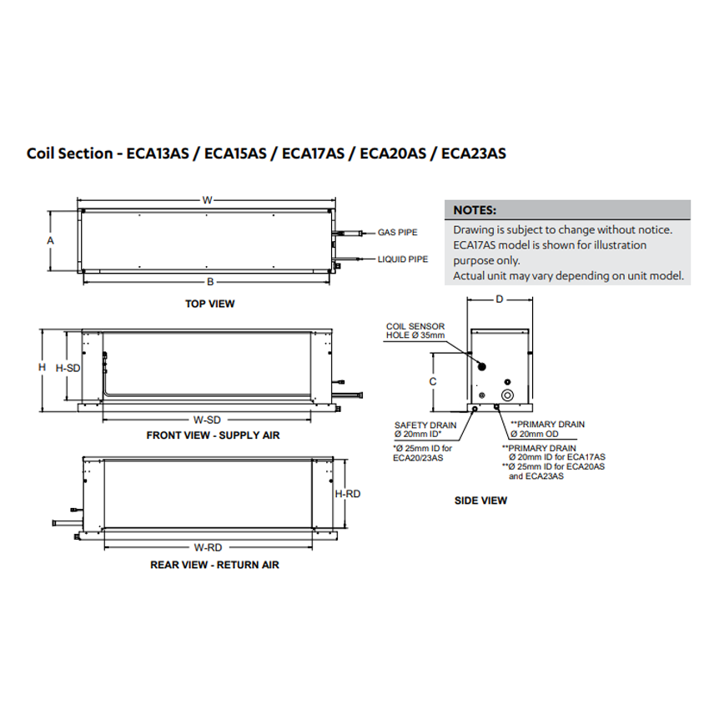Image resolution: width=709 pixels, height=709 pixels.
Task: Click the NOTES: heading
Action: [475, 210]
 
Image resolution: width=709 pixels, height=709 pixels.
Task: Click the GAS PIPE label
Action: [397, 233]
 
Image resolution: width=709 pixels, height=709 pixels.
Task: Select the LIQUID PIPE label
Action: [403, 259]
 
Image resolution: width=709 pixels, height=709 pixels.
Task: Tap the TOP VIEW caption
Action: [209, 304]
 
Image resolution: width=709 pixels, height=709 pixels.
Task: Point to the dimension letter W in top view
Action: [206, 200]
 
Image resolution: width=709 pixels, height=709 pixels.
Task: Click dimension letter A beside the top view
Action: [50, 240]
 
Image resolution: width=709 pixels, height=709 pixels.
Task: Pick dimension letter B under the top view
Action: [210, 280]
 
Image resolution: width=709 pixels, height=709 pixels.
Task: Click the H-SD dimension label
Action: [68, 367]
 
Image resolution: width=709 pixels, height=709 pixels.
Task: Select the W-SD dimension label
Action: [207, 419]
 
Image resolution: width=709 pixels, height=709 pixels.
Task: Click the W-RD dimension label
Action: [207, 548]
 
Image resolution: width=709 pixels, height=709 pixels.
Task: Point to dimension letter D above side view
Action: [499, 299]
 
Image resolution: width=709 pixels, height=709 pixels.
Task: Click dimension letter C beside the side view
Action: [433, 381]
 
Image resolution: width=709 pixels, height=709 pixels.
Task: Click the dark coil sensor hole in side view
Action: [482, 365]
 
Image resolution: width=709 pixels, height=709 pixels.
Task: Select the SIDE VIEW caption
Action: [480, 501]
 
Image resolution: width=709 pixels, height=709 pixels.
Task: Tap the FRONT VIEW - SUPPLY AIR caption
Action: [213, 435]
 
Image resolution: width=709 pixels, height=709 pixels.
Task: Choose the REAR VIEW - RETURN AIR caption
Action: [214, 565]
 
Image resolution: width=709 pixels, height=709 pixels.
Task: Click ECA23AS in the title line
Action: [473, 153]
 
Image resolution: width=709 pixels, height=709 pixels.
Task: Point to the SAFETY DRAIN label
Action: [425, 425]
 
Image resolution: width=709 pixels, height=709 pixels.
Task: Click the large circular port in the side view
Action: [508, 394]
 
